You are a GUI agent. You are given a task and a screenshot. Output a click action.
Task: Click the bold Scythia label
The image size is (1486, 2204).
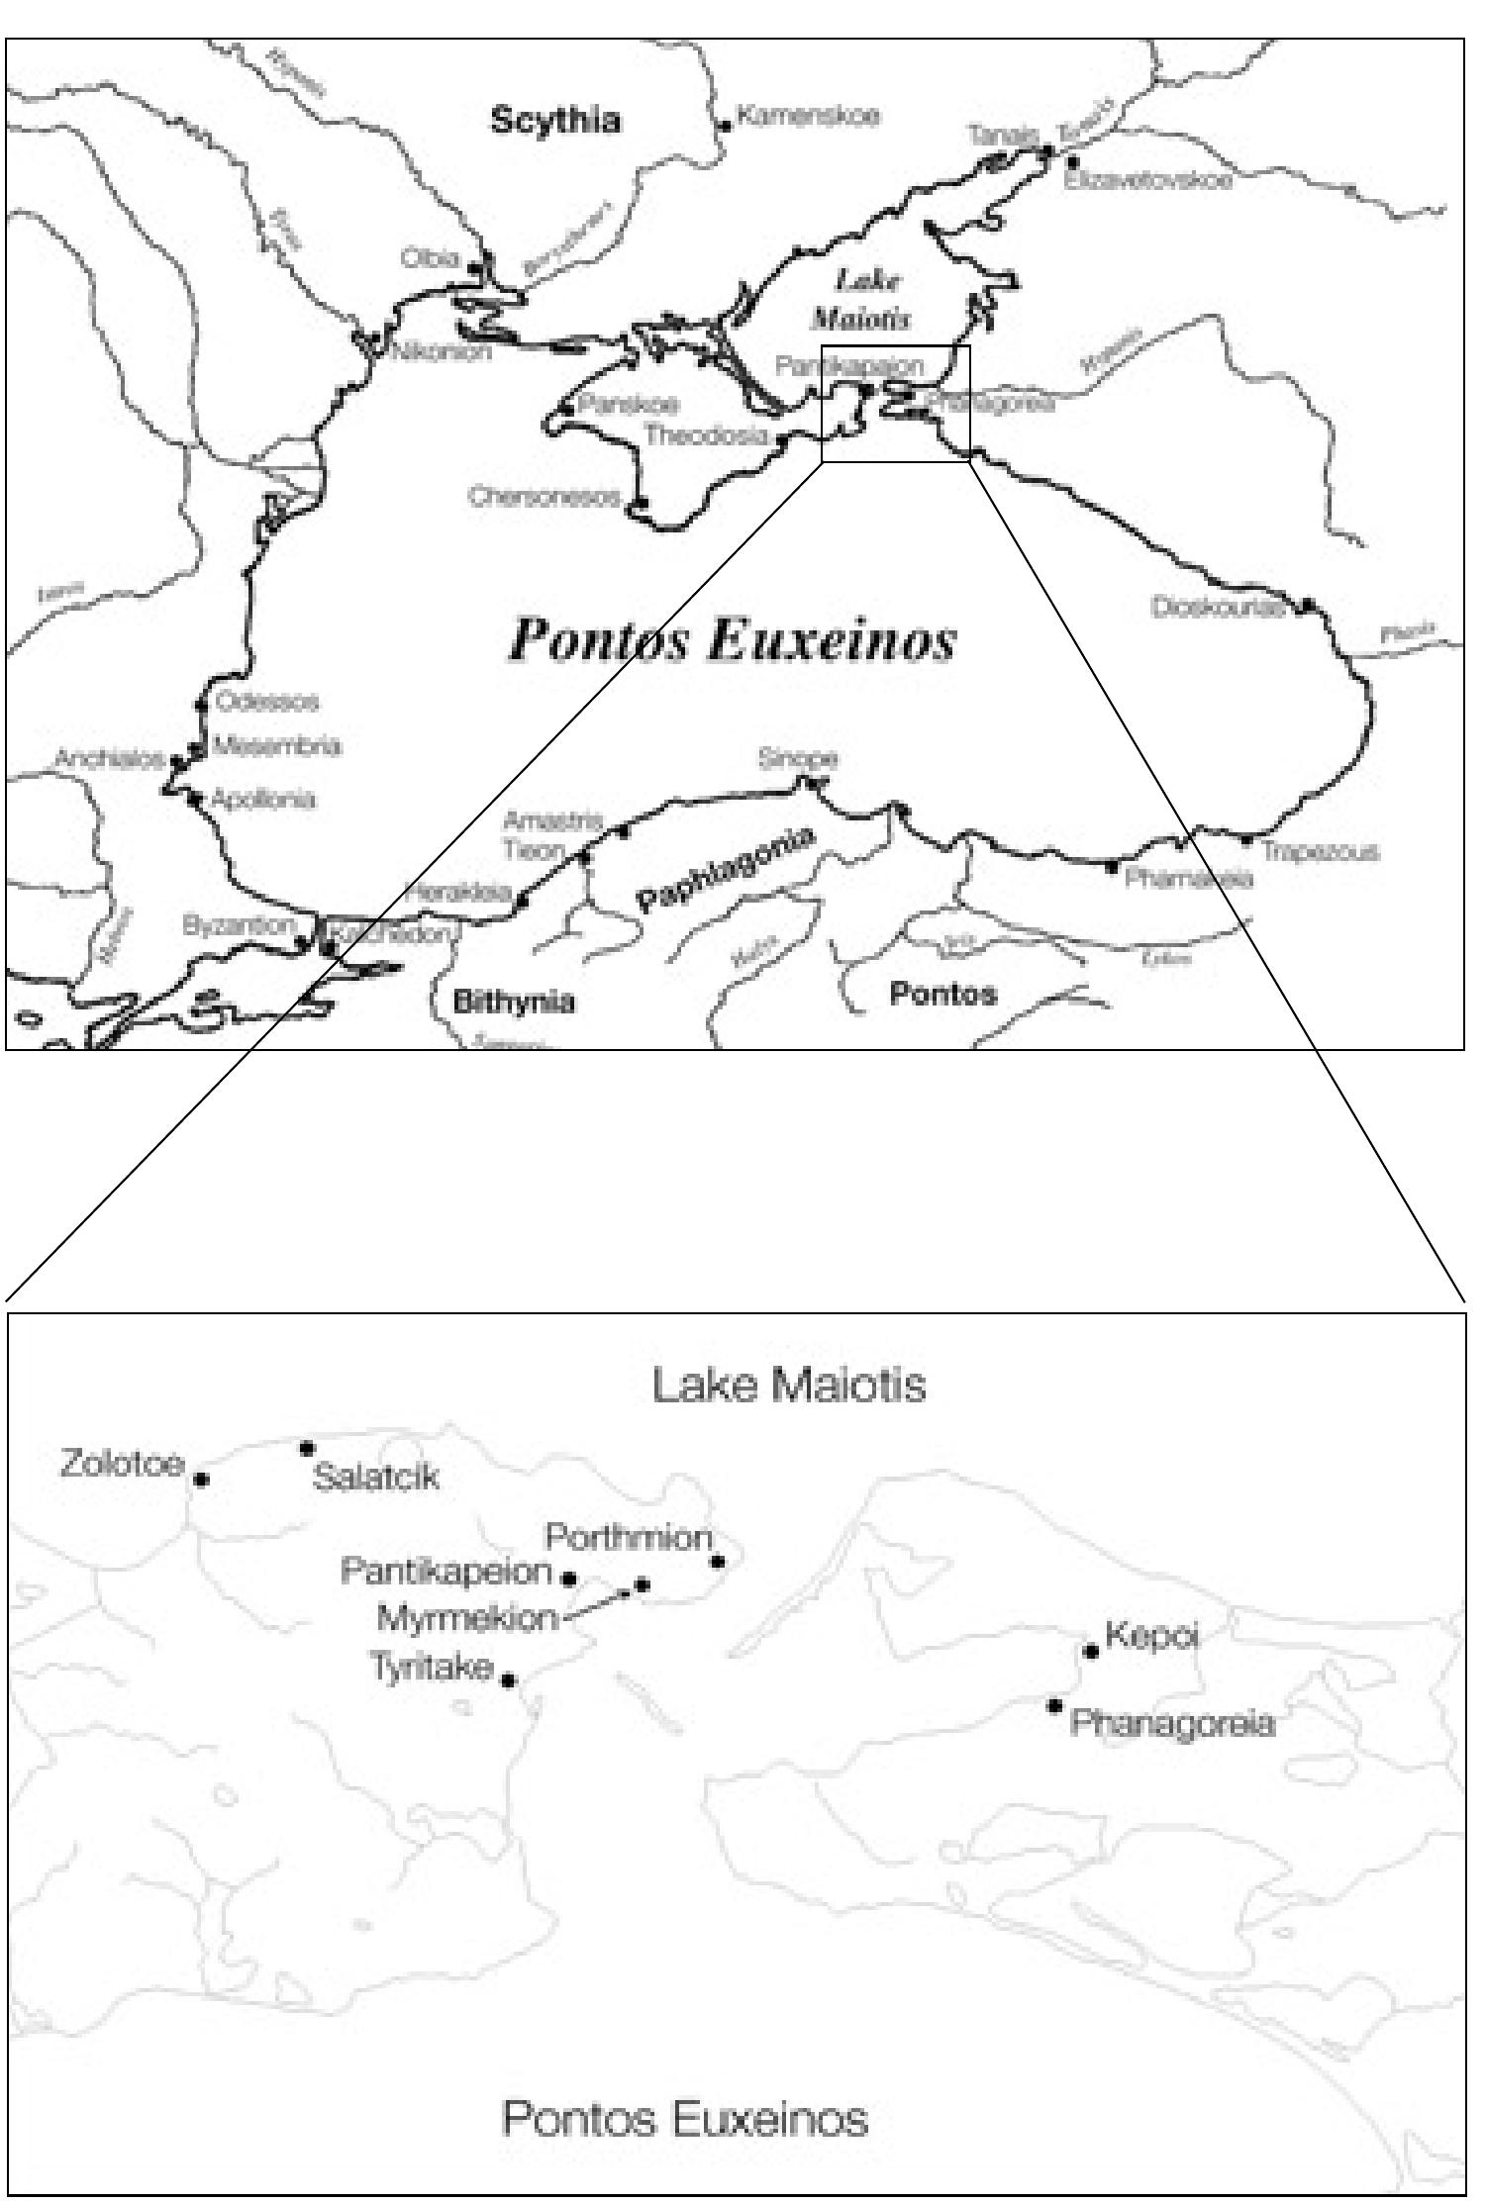(555, 121)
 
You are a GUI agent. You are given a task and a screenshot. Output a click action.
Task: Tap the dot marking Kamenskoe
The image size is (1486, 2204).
(726, 125)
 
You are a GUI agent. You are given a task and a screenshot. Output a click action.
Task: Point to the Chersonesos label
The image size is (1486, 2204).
(545, 496)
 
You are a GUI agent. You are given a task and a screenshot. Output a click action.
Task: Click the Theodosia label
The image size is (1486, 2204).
(706, 434)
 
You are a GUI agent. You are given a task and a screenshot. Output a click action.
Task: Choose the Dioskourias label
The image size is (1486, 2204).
(1217, 607)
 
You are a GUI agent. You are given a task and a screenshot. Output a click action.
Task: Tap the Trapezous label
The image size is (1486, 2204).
(1320, 851)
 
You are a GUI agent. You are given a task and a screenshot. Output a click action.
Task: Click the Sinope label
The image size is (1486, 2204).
(798, 759)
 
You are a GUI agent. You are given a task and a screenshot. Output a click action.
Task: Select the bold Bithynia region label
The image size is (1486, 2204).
(514, 1003)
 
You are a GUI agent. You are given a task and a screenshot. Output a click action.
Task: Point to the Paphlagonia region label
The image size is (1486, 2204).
(727, 870)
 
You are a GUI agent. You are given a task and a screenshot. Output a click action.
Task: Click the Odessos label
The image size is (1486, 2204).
(267, 702)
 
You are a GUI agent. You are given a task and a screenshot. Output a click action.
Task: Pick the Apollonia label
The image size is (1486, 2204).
(263, 799)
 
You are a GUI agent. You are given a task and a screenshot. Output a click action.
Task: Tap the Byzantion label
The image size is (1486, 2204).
(239, 926)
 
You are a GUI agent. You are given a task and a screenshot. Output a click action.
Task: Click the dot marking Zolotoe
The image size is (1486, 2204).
(202, 1480)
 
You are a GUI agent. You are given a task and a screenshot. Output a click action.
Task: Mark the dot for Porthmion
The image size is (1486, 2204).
(718, 1562)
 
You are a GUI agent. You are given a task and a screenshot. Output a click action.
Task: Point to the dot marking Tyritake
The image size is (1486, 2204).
(509, 1679)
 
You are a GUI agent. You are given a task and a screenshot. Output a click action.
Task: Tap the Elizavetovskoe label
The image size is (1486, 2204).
(1148, 182)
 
